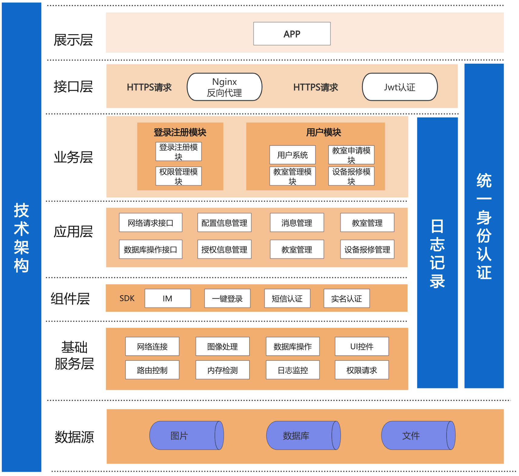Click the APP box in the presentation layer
[292, 34]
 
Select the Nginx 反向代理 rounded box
[224, 87]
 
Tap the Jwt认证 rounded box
[400, 87]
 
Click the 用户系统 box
[293, 155]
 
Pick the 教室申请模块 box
[351, 155]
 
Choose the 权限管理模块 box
[179, 176]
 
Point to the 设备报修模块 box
[351, 176]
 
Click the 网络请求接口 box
[150, 223]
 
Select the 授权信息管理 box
[224, 250]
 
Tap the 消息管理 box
[297, 223]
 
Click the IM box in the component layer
[167, 299]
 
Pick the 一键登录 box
[227, 299]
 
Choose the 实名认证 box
[347, 299]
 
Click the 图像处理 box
[223, 347]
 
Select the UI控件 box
[362, 347]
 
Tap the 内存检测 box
[223, 370]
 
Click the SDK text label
[127, 299]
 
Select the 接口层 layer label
[73, 87]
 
